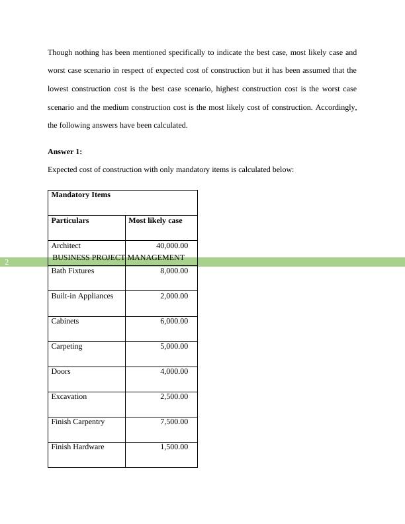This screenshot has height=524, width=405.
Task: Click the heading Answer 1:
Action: point(65,152)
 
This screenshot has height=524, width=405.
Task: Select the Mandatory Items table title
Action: point(81,195)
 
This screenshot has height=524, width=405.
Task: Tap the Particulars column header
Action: point(70,220)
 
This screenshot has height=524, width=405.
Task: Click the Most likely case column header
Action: point(155,220)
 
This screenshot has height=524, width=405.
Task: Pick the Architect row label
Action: point(66,245)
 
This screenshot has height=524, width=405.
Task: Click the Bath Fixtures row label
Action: point(73,271)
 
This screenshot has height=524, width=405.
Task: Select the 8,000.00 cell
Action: point(174,271)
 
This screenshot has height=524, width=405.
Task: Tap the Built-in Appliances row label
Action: point(82,296)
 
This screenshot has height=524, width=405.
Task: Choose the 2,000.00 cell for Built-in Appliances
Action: point(174,296)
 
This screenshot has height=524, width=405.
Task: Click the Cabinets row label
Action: point(65,321)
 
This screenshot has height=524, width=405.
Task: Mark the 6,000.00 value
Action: point(174,321)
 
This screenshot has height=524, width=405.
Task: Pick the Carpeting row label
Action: point(67,346)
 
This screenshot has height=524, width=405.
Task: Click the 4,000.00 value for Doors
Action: point(174,371)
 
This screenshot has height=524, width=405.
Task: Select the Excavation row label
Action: point(69,396)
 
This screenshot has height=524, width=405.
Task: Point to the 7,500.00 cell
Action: point(174,421)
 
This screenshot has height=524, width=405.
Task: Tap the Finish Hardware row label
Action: point(77,447)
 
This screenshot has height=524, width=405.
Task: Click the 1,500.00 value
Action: point(174,447)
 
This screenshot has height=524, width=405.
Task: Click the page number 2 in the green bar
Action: point(7,262)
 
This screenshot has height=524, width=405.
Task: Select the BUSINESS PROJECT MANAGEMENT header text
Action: point(118,257)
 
